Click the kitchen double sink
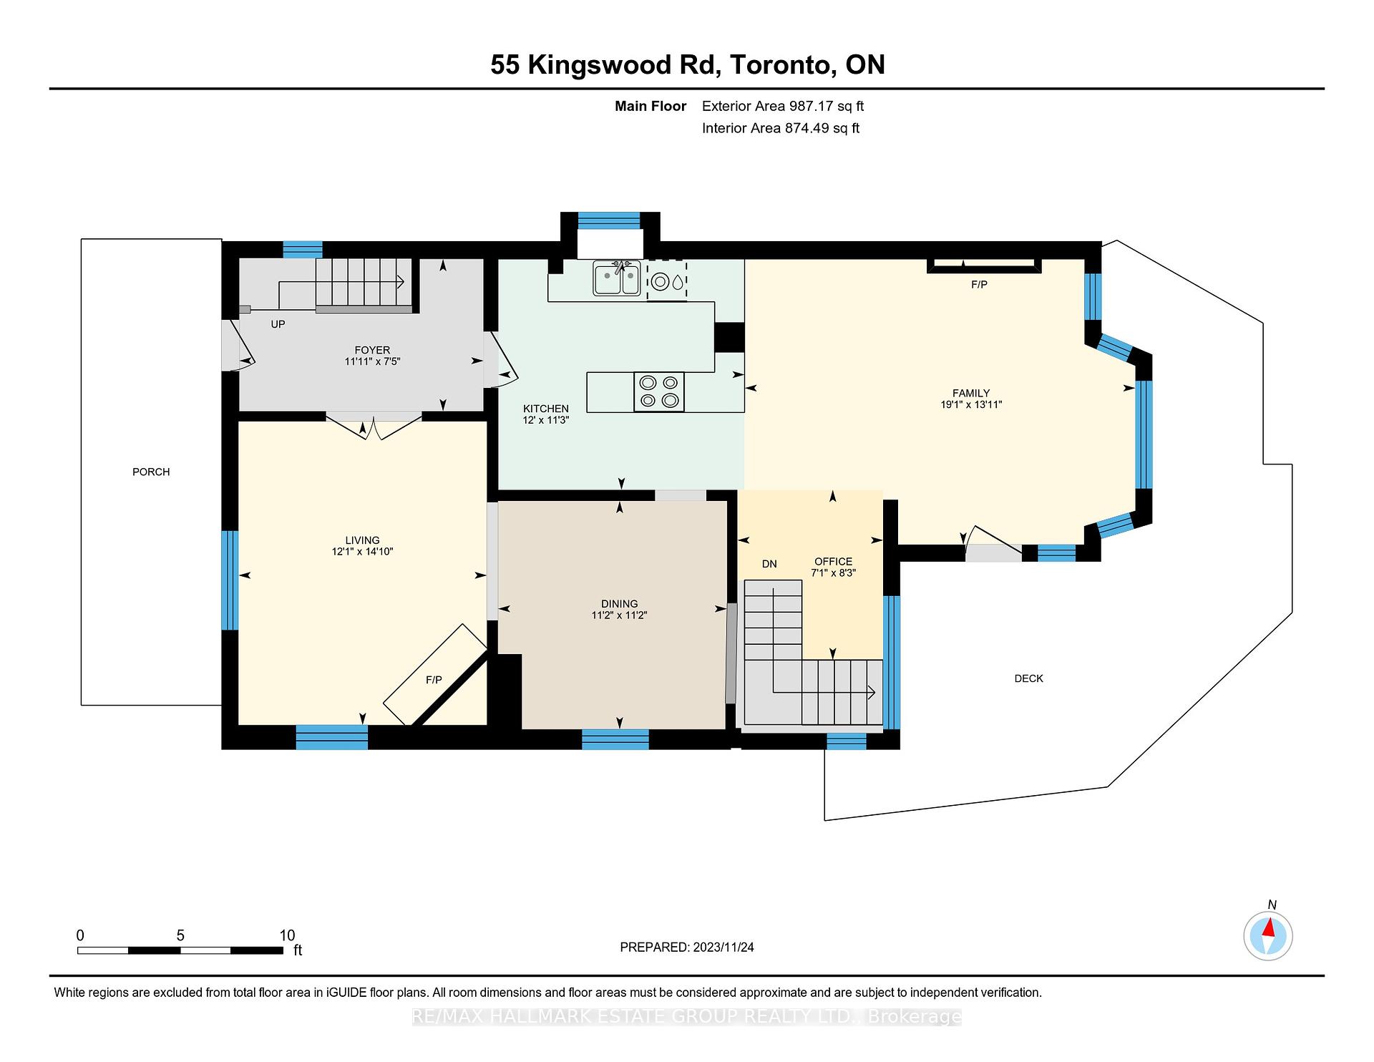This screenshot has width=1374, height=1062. pos(616,280)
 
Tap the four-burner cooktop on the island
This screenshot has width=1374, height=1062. pos(659,391)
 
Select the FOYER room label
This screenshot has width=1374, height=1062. pos(372,350)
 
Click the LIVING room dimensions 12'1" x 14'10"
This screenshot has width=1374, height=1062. pos(362,552)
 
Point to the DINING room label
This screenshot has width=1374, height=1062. pos(619,604)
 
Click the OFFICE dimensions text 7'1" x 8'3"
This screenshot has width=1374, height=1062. pos(833,573)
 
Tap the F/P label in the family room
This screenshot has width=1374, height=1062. pos(979,285)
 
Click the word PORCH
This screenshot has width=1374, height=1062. pos(151,472)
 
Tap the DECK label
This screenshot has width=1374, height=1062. pos(1028,678)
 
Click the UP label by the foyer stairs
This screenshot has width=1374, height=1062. pos(278,324)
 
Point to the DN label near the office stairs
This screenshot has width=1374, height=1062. pos(769,564)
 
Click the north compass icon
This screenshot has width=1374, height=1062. pos(1268,935)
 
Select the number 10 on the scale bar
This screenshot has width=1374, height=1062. pos(287,935)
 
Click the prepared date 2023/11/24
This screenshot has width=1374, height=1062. pos(723,947)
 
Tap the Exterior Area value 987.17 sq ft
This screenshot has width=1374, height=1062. pos(827,106)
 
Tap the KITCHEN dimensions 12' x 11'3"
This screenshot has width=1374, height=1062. pos(545,421)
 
